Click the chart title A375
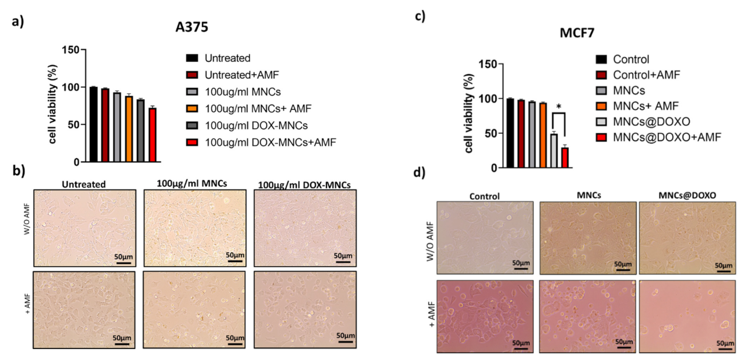(x=192, y=27)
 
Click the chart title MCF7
(x=577, y=33)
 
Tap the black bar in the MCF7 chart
(x=510, y=133)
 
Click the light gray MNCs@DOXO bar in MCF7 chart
(x=554, y=150)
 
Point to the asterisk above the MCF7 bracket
(x=559, y=107)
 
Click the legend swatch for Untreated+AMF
(x=192, y=75)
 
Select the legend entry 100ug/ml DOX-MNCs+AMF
(x=270, y=142)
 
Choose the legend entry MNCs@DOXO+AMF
(x=667, y=137)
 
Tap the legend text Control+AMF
(x=646, y=75)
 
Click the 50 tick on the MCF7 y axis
(x=490, y=133)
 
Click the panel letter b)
(x=19, y=170)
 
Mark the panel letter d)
(x=419, y=173)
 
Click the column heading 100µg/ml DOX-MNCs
(x=304, y=185)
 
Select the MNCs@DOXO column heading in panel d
(x=687, y=195)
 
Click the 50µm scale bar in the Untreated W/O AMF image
(x=124, y=262)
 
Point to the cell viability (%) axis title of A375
(x=53, y=104)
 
